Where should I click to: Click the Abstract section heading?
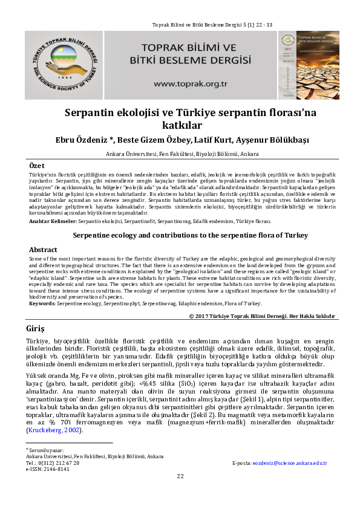pyautogui.click(x=44, y=249)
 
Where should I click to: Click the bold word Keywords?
pyautogui.click(x=42, y=303)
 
